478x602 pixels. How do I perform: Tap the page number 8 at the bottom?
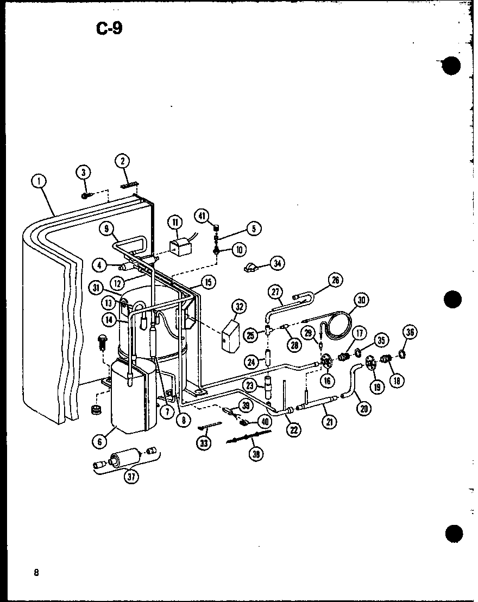pos(35,573)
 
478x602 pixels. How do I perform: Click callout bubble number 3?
pos(83,173)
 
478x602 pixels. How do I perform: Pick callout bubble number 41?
pos(202,217)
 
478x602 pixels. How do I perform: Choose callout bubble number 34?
pos(278,264)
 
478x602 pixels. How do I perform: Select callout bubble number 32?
pos(238,307)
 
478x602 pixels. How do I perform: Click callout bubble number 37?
pos(131,477)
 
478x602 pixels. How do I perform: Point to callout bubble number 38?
pos(254,454)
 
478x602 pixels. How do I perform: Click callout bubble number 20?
pos(362,408)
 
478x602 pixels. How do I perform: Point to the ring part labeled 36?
pos(402,355)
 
